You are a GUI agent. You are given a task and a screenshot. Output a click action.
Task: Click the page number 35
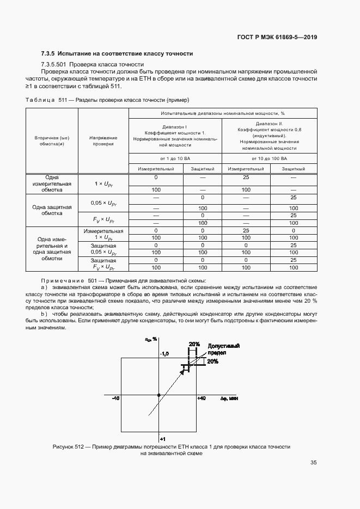click(x=314, y=463)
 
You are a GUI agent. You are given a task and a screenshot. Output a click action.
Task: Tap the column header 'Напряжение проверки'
click(x=103, y=141)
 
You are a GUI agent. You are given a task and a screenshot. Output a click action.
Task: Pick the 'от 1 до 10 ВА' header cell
click(x=175, y=158)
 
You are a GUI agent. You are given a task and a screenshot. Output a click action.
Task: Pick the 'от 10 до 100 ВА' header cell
click(x=270, y=158)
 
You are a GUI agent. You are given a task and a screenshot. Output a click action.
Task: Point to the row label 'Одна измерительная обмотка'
click(x=52, y=184)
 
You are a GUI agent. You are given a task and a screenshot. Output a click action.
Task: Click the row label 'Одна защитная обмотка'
click(x=52, y=210)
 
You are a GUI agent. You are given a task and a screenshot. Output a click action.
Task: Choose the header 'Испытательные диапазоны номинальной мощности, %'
click(x=223, y=113)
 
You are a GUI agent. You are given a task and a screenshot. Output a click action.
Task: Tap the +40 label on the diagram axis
click(x=201, y=399)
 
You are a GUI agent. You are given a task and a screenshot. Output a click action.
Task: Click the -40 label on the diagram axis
click(x=115, y=399)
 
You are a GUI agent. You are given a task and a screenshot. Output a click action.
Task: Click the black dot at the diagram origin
click(x=158, y=395)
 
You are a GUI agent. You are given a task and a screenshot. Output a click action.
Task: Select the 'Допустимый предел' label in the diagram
click(x=224, y=349)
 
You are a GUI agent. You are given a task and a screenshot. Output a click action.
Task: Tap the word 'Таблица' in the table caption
click(x=40, y=100)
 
